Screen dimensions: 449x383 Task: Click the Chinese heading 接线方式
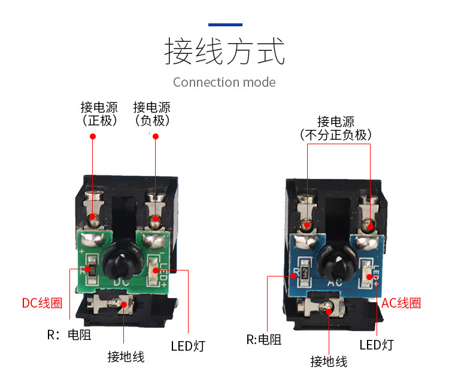pyautogui.click(x=224, y=52)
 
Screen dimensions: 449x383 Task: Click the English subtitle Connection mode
pyautogui.click(x=224, y=82)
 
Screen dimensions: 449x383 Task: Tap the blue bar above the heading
pyautogui.click(x=225, y=25)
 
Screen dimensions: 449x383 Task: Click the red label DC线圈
pyautogui.click(x=42, y=303)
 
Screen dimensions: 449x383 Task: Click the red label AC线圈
pyautogui.click(x=401, y=303)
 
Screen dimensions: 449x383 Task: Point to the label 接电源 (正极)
pyautogui.click(x=99, y=114)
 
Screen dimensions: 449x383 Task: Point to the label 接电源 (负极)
pyautogui.click(x=151, y=114)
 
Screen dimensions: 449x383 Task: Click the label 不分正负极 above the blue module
pyautogui.click(x=336, y=135)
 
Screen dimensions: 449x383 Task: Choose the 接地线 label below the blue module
pyautogui.click(x=329, y=361)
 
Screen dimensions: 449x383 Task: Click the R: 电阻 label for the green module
pyautogui.click(x=69, y=335)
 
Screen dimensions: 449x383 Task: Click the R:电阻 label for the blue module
pyautogui.click(x=264, y=340)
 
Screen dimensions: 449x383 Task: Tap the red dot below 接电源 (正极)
pyautogui.click(x=93, y=136)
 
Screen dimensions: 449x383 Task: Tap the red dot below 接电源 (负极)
pyautogui.click(x=156, y=136)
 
